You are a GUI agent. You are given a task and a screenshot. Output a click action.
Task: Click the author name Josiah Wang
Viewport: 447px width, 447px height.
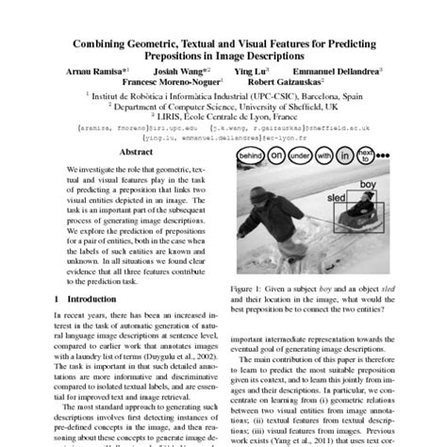point(187,70)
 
